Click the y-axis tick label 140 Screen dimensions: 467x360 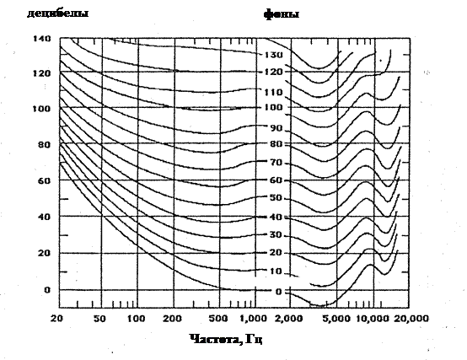tap(42, 39)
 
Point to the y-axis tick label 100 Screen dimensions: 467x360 tap(41, 109)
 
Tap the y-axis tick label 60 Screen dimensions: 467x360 tap(45, 180)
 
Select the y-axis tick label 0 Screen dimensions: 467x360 tap(47, 290)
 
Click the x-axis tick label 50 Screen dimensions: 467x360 tap(99, 319)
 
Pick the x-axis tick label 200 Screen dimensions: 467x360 tap(172, 319)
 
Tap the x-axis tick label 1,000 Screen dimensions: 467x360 tap(253, 319)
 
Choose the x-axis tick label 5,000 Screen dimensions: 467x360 tap(336, 319)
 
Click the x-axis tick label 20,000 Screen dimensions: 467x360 tap(411, 319)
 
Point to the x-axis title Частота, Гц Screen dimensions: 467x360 tap(226, 339)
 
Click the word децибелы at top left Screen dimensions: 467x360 tap(58, 13)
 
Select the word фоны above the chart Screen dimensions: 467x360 tap(282, 14)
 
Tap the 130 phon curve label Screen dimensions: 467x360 tap(274, 55)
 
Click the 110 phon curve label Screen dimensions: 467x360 tap(274, 92)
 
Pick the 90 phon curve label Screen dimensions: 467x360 tap(276, 128)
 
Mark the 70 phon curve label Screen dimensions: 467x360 tap(276, 163)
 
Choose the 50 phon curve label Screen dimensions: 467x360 tap(276, 198)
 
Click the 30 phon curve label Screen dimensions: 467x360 tap(276, 235)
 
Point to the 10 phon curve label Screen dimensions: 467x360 tap(276, 271)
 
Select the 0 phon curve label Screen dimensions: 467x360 tap(278, 292)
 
